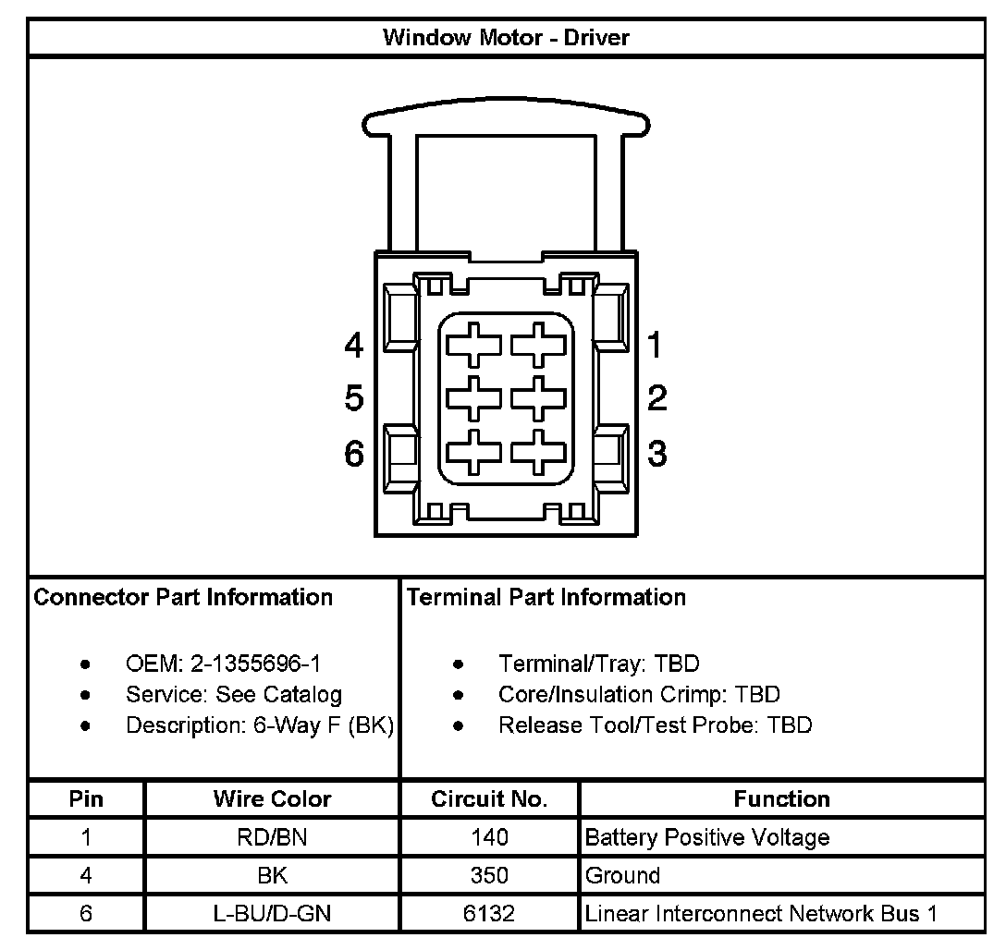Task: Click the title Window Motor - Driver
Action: (x=506, y=38)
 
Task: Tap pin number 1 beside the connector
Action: (x=656, y=346)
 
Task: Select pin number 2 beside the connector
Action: (x=656, y=398)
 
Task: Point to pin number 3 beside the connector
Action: (x=656, y=454)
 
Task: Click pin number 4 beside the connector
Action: (x=354, y=346)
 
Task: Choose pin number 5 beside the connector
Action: (x=354, y=399)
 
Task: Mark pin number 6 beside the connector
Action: (x=354, y=454)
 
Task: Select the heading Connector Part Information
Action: (x=183, y=597)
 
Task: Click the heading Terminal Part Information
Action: (x=546, y=597)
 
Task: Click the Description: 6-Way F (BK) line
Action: (x=260, y=725)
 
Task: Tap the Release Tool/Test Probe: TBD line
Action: (x=655, y=725)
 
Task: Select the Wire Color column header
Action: (x=272, y=798)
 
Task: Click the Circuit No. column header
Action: (x=489, y=798)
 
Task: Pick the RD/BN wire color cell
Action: (x=272, y=838)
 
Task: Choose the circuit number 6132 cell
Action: (x=489, y=914)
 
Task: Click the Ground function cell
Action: (x=623, y=875)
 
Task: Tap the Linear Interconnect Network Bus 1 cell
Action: (x=761, y=914)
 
